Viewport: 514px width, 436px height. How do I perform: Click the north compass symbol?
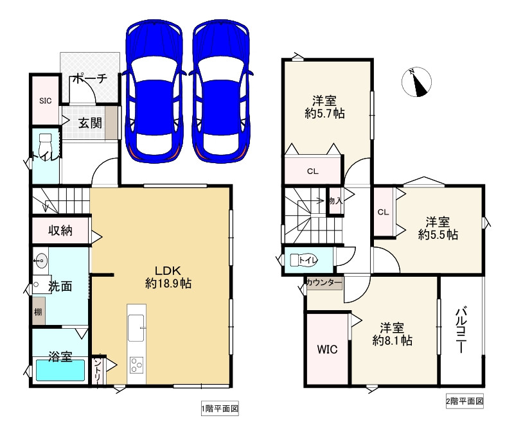pos(416,82)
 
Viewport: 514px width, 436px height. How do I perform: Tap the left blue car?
pos(154,91)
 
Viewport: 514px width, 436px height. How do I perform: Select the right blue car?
pos(221,91)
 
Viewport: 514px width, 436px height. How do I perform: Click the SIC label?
pos(45,101)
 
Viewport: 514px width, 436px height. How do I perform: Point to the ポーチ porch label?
pos(89,78)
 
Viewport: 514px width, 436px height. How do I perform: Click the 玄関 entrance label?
pos(90,123)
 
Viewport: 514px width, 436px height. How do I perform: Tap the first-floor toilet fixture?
pos(45,146)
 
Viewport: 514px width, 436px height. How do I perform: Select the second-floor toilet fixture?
pos(304,260)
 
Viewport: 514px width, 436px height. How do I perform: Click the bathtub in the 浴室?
pos(60,371)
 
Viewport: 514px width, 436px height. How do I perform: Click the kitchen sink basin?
pos(136,328)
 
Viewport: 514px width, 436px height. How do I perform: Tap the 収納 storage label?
pos(60,231)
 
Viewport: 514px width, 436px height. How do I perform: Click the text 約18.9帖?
pos(168,283)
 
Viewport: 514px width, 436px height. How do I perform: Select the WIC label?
pos(327,349)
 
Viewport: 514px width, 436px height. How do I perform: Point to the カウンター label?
pos(324,283)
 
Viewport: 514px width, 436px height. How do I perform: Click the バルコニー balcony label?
pos(461,330)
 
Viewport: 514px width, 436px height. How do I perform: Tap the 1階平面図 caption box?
pos(220,408)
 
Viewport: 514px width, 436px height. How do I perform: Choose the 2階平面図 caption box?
pos(465,401)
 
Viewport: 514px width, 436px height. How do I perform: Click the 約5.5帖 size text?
pos(438,234)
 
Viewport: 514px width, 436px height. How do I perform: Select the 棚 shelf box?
pos(39,311)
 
